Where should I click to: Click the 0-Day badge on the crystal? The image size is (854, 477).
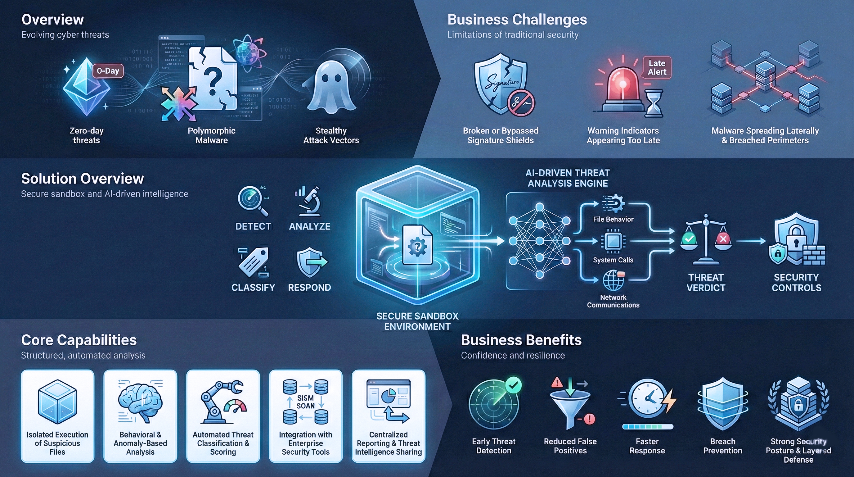point(108,71)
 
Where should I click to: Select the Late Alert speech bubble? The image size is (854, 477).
point(657,68)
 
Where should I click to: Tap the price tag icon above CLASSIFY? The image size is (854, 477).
point(254,262)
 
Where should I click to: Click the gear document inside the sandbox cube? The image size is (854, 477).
point(417,245)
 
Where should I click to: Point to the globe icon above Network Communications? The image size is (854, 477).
point(613,281)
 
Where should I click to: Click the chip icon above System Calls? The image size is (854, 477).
point(613,241)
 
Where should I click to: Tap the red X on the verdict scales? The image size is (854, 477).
point(723,239)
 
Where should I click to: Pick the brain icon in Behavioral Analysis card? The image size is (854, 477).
point(140,401)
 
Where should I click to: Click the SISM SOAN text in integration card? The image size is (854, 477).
point(305,402)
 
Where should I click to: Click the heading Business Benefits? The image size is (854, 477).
point(521,340)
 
